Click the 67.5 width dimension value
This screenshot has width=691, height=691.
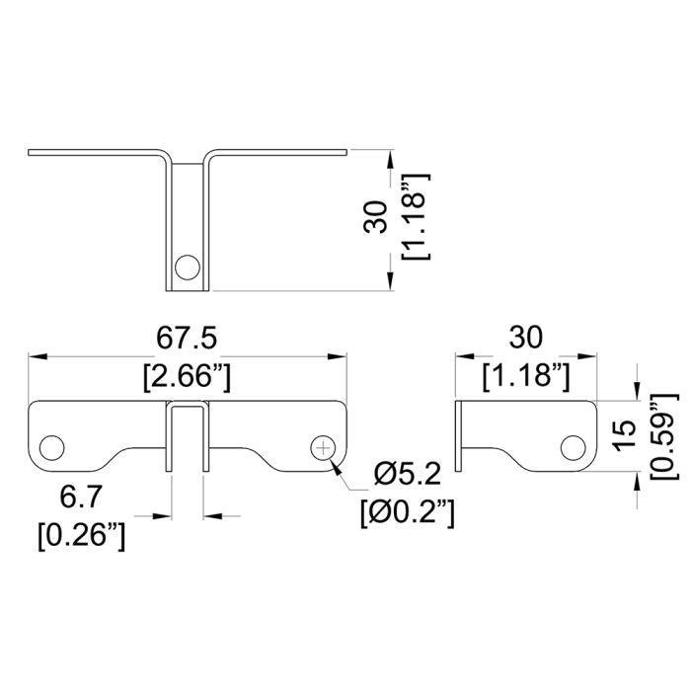point(187,339)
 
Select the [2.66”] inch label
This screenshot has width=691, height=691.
point(187,377)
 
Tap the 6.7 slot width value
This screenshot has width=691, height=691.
point(81,498)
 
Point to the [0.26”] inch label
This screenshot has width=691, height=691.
point(82,536)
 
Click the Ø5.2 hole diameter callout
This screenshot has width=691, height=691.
point(407,474)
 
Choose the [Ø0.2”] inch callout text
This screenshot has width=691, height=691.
point(407,513)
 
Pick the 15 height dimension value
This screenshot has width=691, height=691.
point(625,435)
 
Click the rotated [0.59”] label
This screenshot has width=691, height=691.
point(663,436)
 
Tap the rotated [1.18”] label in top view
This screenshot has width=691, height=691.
point(416,216)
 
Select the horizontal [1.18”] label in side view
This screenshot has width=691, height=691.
point(526,377)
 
